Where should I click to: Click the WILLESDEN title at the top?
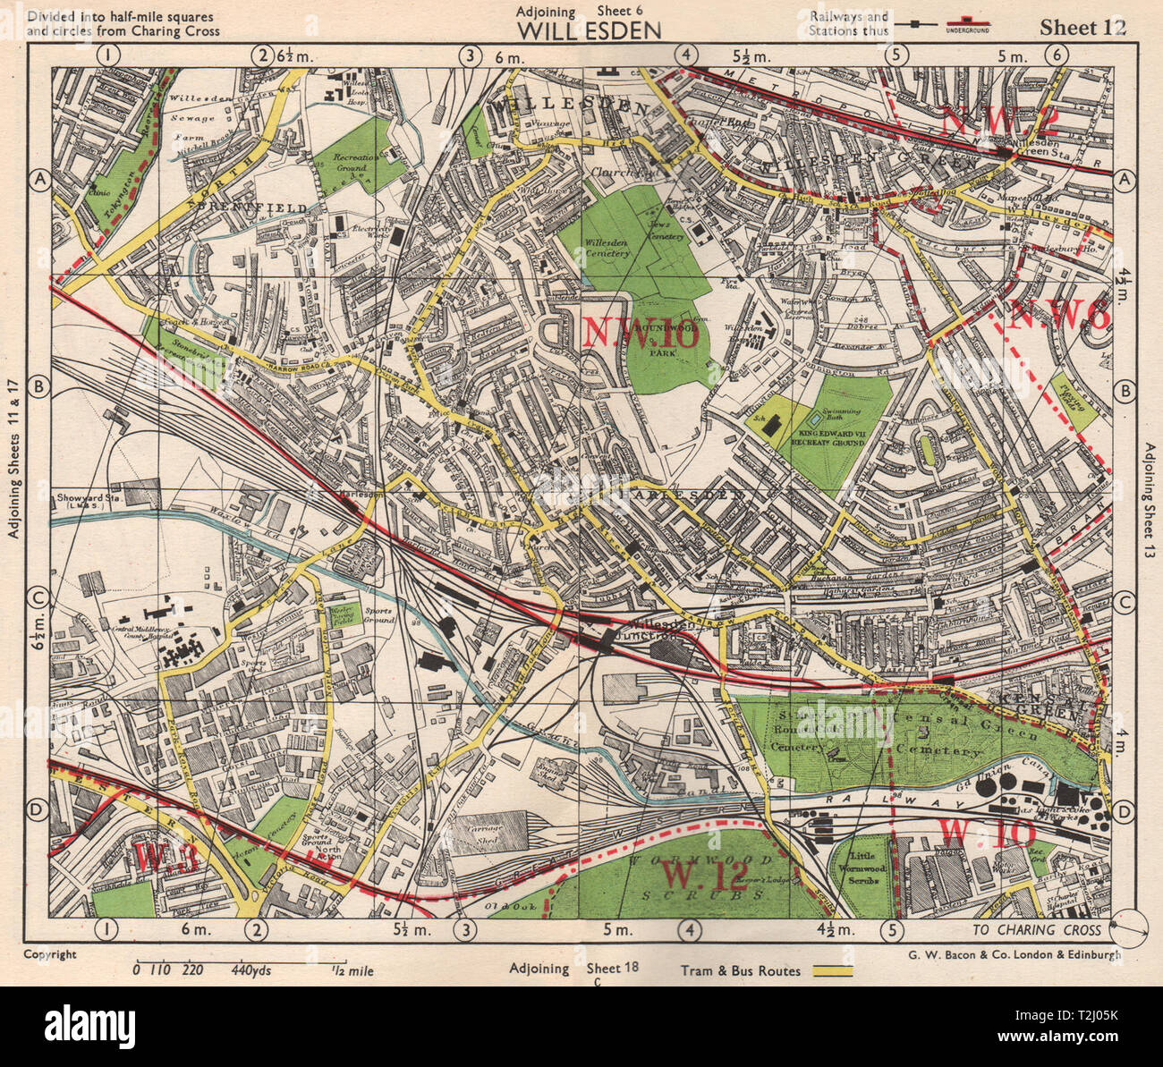pos(590,30)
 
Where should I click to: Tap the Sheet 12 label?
pos(1082,27)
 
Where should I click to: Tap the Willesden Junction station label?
pos(658,631)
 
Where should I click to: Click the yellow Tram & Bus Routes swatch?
pos(832,970)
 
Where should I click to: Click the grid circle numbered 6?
pos(1057,55)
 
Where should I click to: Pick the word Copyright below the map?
pos(51,954)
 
